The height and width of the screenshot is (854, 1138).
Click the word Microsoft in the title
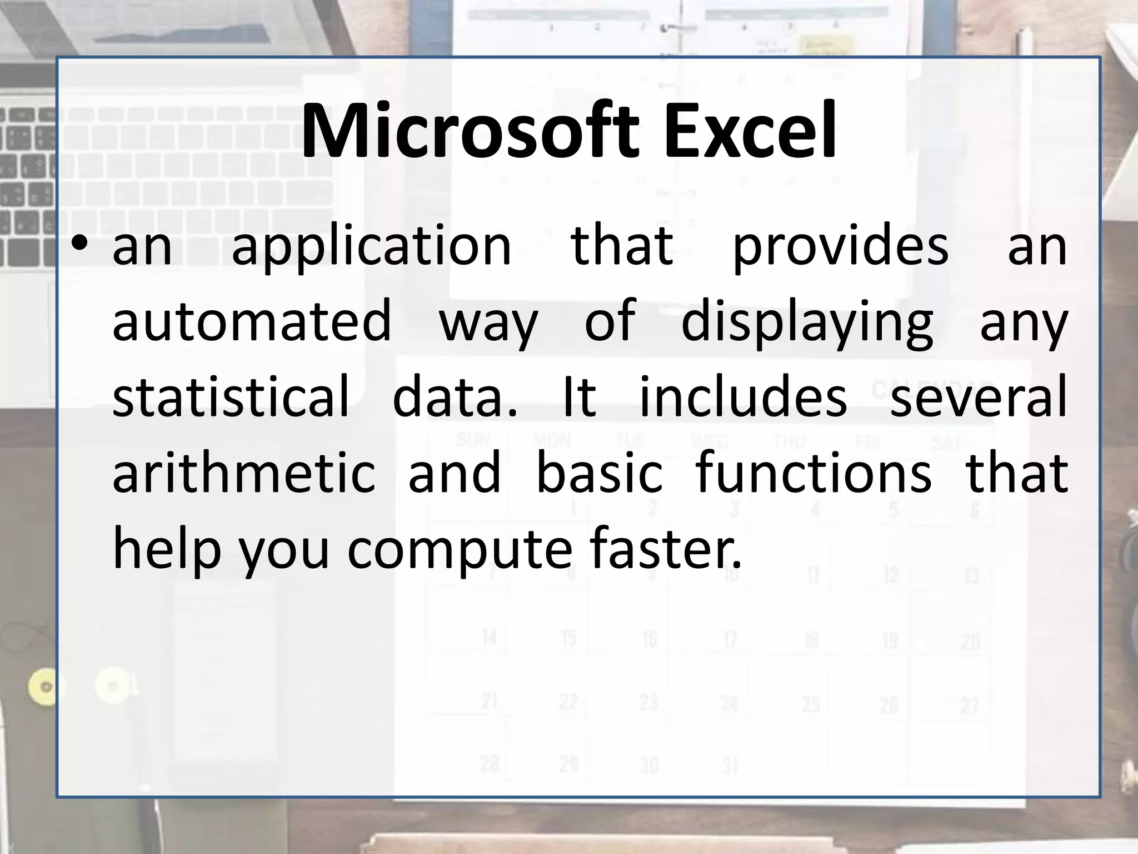click(470, 132)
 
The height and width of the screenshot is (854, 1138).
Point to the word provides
click(841, 246)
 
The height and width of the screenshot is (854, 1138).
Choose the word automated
click(252, 321)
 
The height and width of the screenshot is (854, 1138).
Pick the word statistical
click(231, 396)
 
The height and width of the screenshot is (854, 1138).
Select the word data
click(455, 396)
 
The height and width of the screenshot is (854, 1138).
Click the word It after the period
click(580, 396)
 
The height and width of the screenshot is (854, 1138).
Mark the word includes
click(743, 396)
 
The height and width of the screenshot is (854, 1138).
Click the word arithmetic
click(244, 473)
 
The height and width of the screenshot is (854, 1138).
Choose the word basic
click(600, 473)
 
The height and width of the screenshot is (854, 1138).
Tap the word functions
click(813, 473)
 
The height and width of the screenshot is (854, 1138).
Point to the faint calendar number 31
click(730, 766)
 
